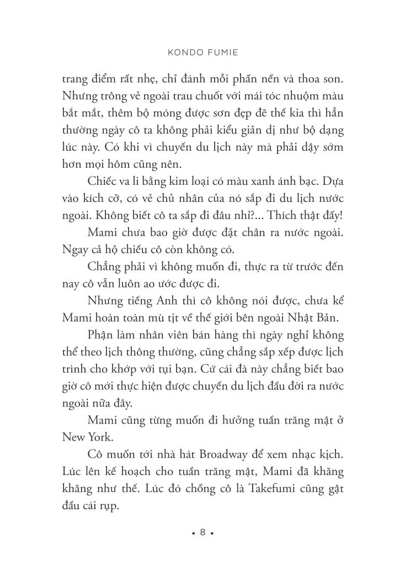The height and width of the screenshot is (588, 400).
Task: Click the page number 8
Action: coord(202,532)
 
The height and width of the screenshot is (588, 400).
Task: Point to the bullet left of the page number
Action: coord(193,533)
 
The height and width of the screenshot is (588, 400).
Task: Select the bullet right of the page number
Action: coord(212,533)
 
